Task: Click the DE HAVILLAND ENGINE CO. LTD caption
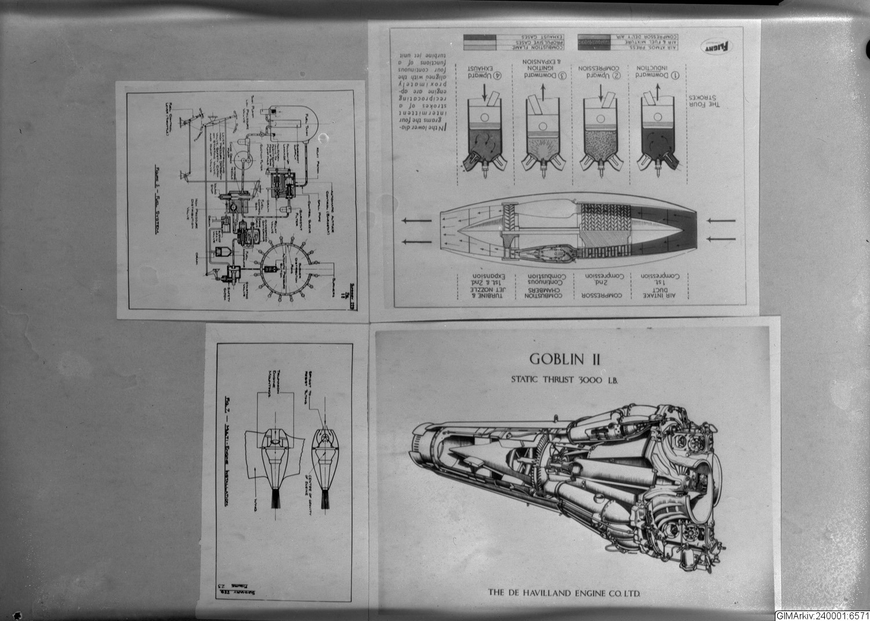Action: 567,593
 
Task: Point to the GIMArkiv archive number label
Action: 821,615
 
